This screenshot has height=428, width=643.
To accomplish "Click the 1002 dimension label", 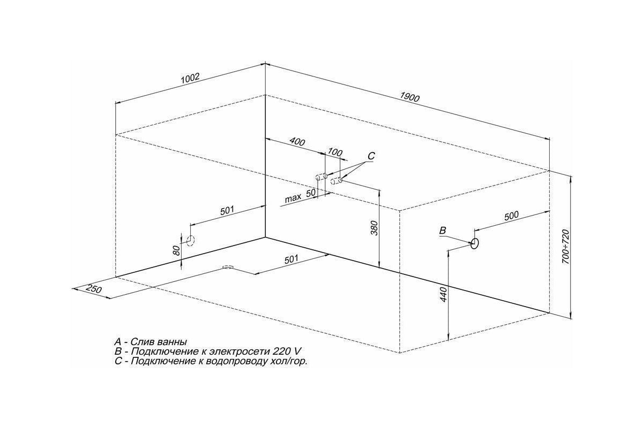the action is tap(190, 78).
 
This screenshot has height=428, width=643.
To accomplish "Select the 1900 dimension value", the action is tap(409, 97).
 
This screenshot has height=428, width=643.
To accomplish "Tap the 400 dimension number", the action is tap(297, 142).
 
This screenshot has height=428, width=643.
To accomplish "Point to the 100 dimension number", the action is tap(335, 152).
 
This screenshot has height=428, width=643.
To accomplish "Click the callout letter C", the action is tap(371, 156).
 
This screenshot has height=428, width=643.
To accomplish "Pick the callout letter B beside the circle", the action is tap(443, 231).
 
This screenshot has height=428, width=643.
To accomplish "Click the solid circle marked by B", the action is tap(475, 243).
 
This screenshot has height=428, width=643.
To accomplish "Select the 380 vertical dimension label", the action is tap(375, 228).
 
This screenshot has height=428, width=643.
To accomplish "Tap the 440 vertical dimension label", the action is tap(444, 294).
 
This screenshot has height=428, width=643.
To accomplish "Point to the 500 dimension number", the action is tap(512, 216).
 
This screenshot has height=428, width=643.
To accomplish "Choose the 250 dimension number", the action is tap(94, 289).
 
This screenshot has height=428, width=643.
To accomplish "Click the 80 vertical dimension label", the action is tap(177, 251).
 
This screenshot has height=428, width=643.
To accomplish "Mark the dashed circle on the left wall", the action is tap(190, 241).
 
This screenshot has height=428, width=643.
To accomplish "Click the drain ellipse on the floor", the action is tap(228, 267).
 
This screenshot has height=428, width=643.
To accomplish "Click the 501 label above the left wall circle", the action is tap(227, 211).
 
